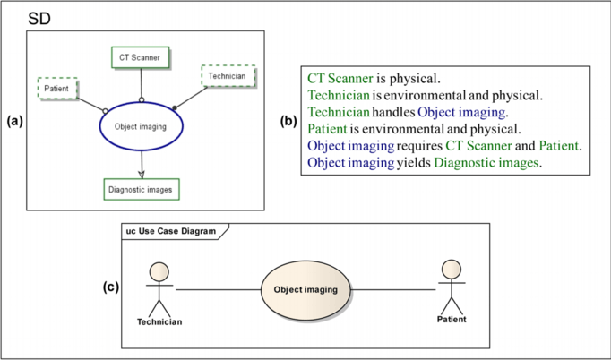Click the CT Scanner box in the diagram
coord(140,57)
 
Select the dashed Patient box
coord(57,90)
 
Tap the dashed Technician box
coord(228,77)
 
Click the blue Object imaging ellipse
coord(141,127)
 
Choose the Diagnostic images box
coord(141,190)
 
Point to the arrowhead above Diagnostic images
coord(142,175)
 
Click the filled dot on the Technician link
coord(174,108)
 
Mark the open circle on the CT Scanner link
coord(141,100)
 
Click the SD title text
coord(39,18)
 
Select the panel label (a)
coord(15,119)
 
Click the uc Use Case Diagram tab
coord(171,231)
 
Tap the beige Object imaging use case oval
coord(305,290)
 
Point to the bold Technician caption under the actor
coord(159,321)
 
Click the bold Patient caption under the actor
coord(452,319)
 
